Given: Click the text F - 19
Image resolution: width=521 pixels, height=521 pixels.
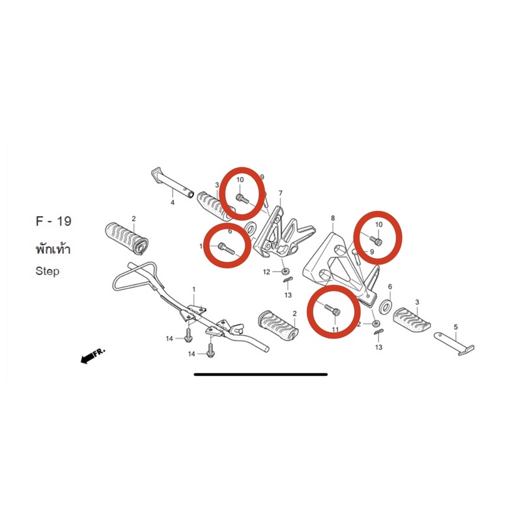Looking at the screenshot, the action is pyautogui.click(x=53, y=221).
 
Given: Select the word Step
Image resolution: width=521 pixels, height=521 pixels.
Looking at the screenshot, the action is pyautogui.click(x=48, y=271).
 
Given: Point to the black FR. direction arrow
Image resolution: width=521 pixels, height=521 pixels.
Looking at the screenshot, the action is pyautogui.click(x=92, y=356).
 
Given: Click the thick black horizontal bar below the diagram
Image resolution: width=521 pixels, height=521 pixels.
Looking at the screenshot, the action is pyautogui.click(x=261, y=374).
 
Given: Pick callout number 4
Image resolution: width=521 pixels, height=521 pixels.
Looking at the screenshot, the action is pyautogui.click(x=173, y=203).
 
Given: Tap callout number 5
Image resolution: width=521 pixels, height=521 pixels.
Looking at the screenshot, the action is pyautogui.click(x=455, y=327).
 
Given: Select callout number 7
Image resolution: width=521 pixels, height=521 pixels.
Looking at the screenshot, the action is pyautogui.click(x=281, y=193).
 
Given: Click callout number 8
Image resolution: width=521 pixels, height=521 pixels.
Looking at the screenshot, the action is pyautogui.click(x=333, y=218).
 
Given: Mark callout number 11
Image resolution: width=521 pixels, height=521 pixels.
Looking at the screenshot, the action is pyautogui.click(x=335, y=330).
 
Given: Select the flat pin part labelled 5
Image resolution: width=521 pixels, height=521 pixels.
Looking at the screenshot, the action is pyautogui.click(x=454, y=343).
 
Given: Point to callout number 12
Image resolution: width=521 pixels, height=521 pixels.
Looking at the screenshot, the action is pyautogui.click(x=266, y=272).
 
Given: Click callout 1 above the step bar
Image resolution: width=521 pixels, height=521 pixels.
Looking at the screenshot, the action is pyautogui.click(x=194, y=290).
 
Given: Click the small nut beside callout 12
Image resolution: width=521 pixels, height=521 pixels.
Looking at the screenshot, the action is pyautogui.click(x=285, y=272).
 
